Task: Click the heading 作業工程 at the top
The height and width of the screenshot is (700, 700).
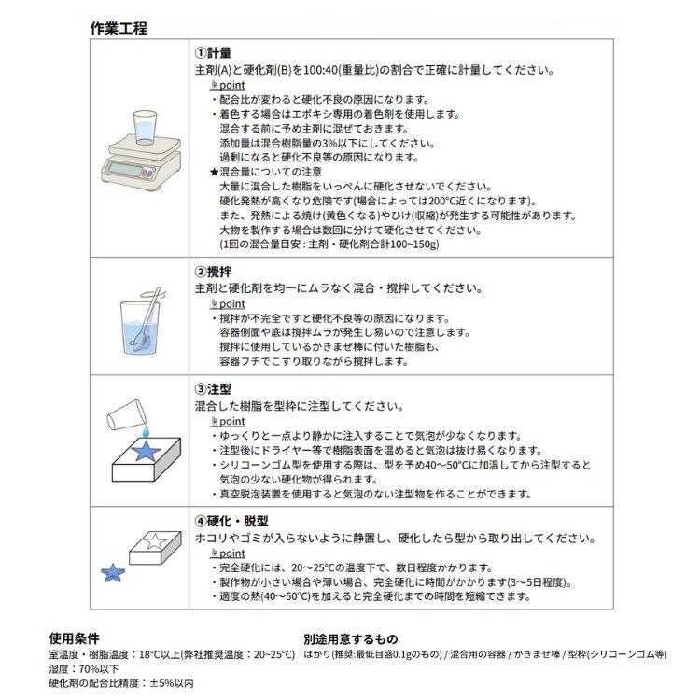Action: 119,28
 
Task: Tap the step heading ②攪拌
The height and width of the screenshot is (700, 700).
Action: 213,273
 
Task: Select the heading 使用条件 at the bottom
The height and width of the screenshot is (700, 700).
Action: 74,638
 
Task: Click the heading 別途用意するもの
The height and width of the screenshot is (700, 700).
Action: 350,638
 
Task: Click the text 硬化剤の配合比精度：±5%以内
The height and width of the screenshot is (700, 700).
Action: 121,683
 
